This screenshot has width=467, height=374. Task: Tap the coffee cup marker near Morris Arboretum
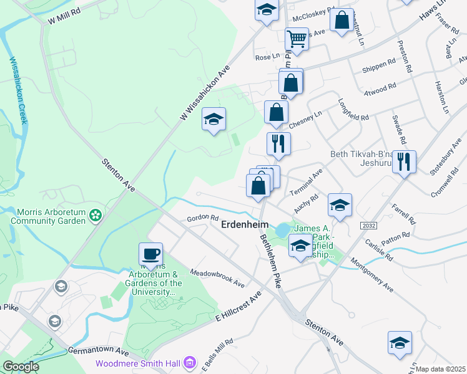click(150, 254)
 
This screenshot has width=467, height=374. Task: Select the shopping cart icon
click(297, 39)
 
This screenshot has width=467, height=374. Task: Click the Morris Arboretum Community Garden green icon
click(96, 216)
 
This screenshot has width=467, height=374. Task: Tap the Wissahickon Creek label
click(17, 90)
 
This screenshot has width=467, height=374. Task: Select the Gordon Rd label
click(202, 219)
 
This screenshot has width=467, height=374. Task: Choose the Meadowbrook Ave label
click(217, 279)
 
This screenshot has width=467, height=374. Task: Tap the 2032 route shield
click(367, 225)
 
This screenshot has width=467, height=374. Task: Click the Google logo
click(21, 367)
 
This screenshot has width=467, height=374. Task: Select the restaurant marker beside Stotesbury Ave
click(405, 163)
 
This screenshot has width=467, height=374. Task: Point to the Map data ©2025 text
click(441, 369)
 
